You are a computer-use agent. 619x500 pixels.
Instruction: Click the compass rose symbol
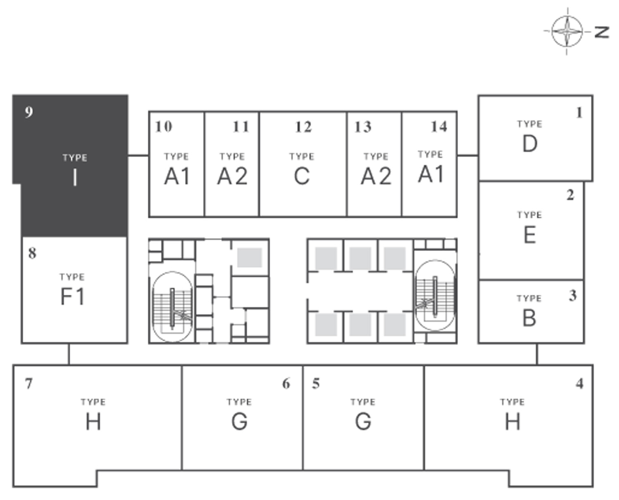(x=567, y=31)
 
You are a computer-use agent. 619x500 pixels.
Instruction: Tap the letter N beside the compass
(x=602, y=32)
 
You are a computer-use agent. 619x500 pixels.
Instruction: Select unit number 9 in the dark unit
(x=28, y=112)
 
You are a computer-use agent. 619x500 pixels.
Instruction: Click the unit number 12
(x=303, y=127)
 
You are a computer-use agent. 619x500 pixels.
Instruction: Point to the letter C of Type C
(x=302, y=176)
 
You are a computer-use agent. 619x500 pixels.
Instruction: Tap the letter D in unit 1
(x=530, y=144)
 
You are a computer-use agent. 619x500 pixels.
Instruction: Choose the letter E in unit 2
(x=529, y=235)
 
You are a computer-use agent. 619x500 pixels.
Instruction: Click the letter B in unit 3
(x=529, y=318)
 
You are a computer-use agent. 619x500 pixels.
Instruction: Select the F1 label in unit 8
(x=73, y=296)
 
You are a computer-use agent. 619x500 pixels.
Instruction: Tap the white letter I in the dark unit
(x=75, y=178)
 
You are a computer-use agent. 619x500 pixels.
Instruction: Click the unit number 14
(x=439, y=126)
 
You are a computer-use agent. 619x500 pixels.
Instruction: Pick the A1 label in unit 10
(x=177, y=176)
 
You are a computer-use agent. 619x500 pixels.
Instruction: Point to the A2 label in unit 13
(x=376, y=176)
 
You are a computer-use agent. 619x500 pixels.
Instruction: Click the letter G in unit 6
(x=239, y=422)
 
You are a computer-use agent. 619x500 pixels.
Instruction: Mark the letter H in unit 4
(x=512, y=422)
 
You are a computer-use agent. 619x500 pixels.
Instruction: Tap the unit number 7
(x=28, y=384)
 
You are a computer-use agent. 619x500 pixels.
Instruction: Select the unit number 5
(x=316, y=384)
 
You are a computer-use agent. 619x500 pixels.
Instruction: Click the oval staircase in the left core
(x=172, y=306)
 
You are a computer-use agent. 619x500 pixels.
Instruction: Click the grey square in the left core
(x=249, y=258)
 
